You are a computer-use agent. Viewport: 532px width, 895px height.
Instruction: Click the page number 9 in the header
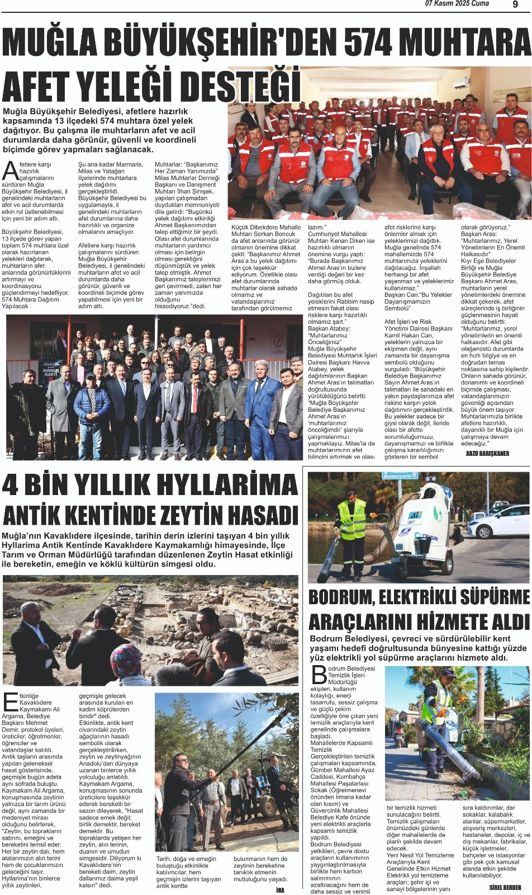[x=515, y=4]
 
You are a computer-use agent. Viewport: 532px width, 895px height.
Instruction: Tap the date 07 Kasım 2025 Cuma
[x=457, y=4]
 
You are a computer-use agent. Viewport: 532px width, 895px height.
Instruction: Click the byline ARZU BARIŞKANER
[x=487, y=454]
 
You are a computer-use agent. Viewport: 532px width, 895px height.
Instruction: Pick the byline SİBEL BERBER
[x=505, y=887]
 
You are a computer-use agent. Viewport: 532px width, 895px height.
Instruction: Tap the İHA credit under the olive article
[x=281, y=890]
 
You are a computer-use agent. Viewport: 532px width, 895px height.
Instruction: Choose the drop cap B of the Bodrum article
[x=319, y=675]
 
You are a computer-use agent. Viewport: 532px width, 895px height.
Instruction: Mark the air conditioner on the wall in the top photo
[x=461, y=83]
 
